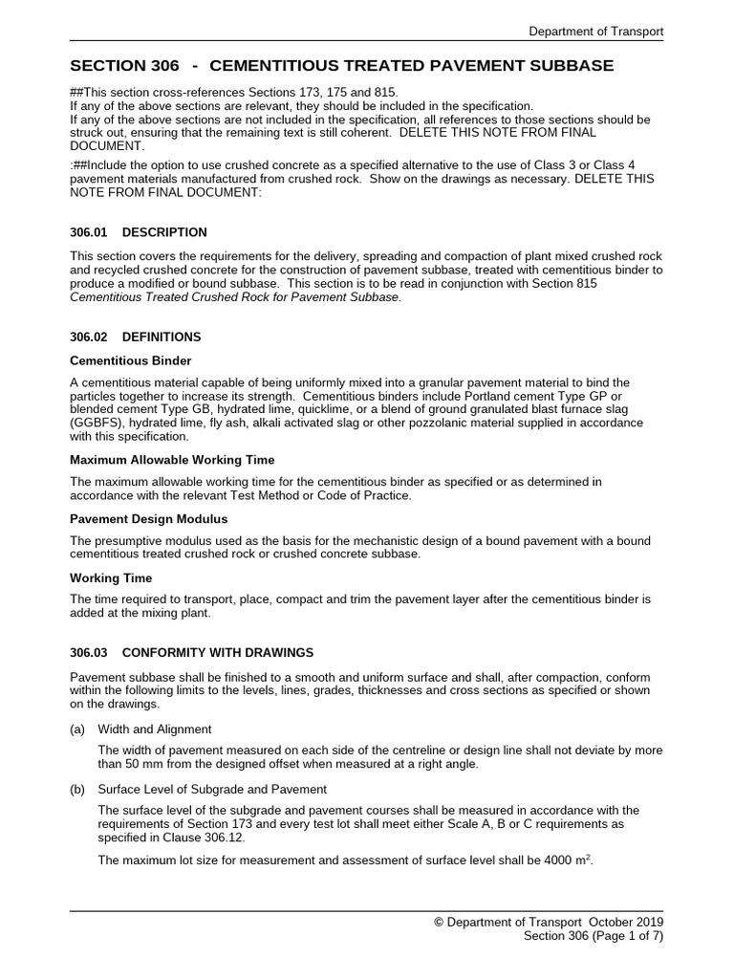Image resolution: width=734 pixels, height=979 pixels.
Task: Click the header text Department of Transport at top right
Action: click(x=596, y=32)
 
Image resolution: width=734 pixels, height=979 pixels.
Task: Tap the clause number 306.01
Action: click(x=92, y=232)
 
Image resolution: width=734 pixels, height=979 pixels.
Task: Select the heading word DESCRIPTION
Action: click(x=164, y=232)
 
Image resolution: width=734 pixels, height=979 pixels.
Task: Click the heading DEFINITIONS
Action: click(x=162, y=337)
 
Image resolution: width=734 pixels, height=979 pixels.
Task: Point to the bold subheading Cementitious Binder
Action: click(x=131, y=360)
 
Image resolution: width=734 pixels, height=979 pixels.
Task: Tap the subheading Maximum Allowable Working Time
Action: click(x=172, y=460)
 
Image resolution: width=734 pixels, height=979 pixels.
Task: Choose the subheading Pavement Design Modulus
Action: click(x=149, y=519)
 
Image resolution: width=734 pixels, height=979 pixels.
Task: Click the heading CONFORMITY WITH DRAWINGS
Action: click(x=218, y=652)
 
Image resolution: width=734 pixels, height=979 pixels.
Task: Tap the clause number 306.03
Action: click(x=92, y=652)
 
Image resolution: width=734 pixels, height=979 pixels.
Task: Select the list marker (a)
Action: click(x=78, y=729)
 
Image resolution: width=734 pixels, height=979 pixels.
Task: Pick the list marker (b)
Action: click(x=78, y=789)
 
